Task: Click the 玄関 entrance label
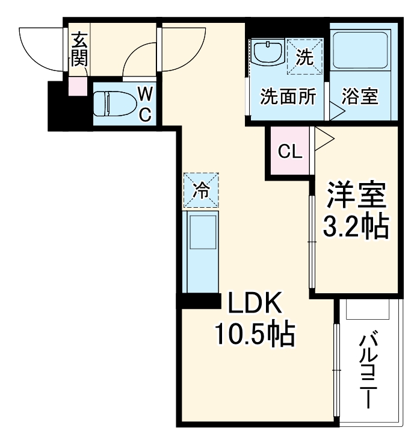(79, 50)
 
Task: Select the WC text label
(145, 103)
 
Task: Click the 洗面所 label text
(288, 97)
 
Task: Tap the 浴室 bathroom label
(360, 97)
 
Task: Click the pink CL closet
(289, 152)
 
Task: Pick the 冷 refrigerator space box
(201, 190)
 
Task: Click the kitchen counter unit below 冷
(201, 249)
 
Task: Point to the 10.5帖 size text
(255, 334)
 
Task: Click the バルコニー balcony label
(368, 370)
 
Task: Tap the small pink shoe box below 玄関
(78, 87)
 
